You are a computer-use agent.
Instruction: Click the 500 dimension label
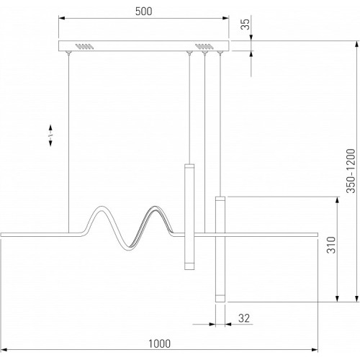pyautogui.click(x=143, y=12)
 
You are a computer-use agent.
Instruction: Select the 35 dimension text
pyautogui.click(x=246, y=24)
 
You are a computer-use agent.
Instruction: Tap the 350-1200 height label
pyautogui.click(x=351, y=171)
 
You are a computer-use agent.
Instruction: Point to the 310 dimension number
pyautogui.click(x=331, y=245)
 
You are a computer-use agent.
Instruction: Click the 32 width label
pyautogui.click(x=244, y=318)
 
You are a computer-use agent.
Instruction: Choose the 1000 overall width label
pyautogui.click(x=159, y=343)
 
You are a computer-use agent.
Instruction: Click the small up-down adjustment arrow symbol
pyautogui.click(x=50, y=135)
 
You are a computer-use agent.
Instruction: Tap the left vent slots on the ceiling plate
pyautogui.click(x=84, y=46)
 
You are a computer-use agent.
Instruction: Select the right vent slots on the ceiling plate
pyautogui.click(x=204, y=46)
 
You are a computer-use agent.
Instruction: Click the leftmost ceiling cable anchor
pyautogui.click(x=68, y=53)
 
